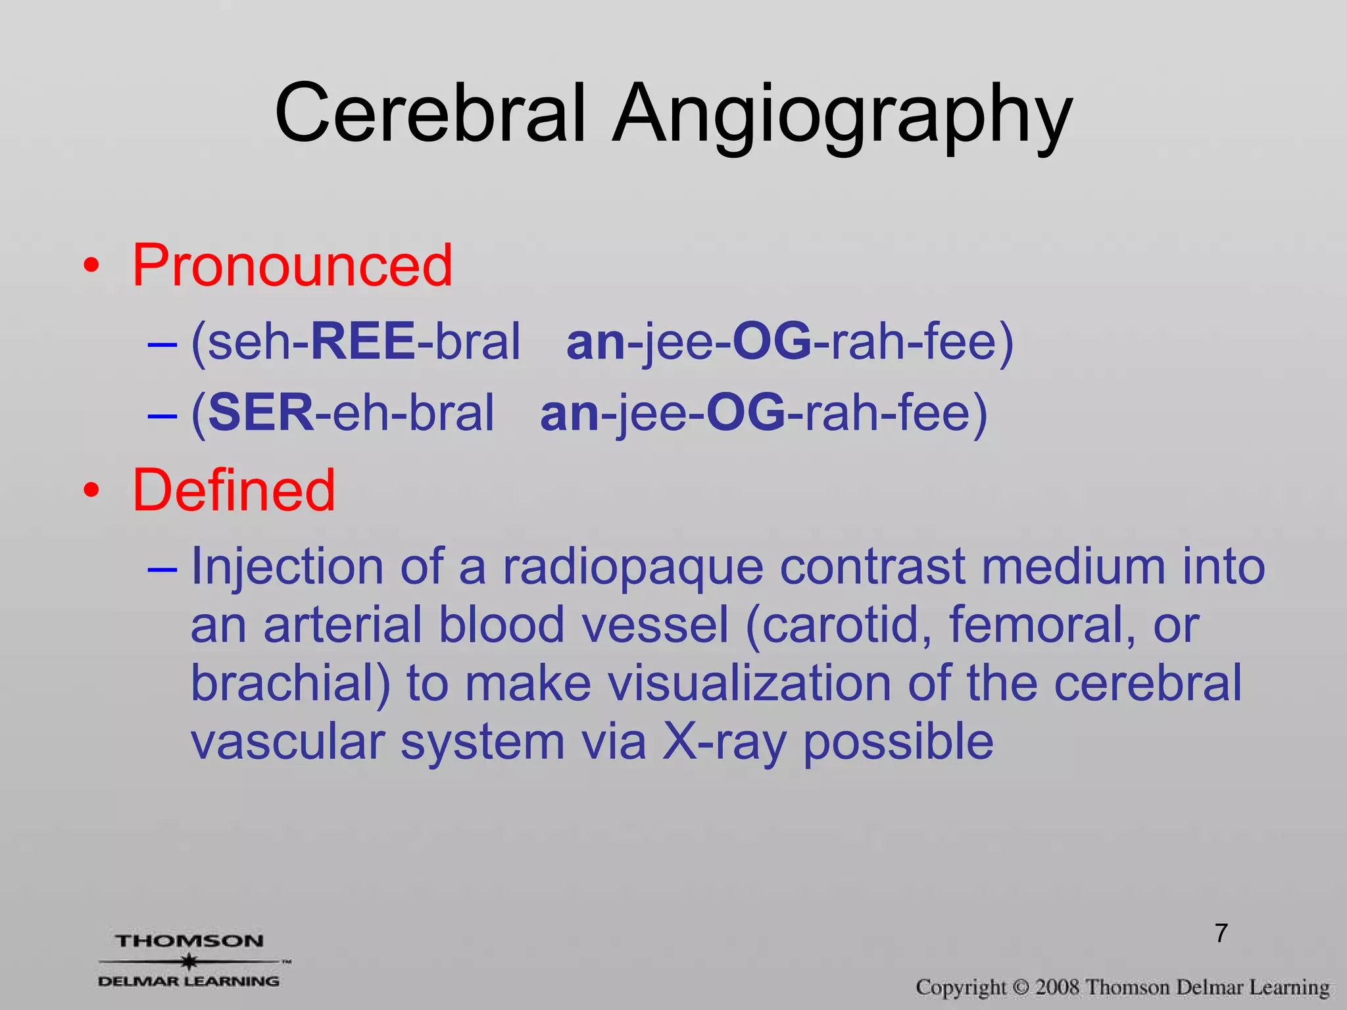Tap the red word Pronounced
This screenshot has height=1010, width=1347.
292,265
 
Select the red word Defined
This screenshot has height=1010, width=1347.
233,490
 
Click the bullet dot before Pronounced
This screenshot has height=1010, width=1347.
91,266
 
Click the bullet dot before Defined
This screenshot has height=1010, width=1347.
91,491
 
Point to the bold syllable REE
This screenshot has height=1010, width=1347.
362,341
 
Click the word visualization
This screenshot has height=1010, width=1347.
749,683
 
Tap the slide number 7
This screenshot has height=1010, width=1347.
1221,933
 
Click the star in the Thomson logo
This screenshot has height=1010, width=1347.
189,961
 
